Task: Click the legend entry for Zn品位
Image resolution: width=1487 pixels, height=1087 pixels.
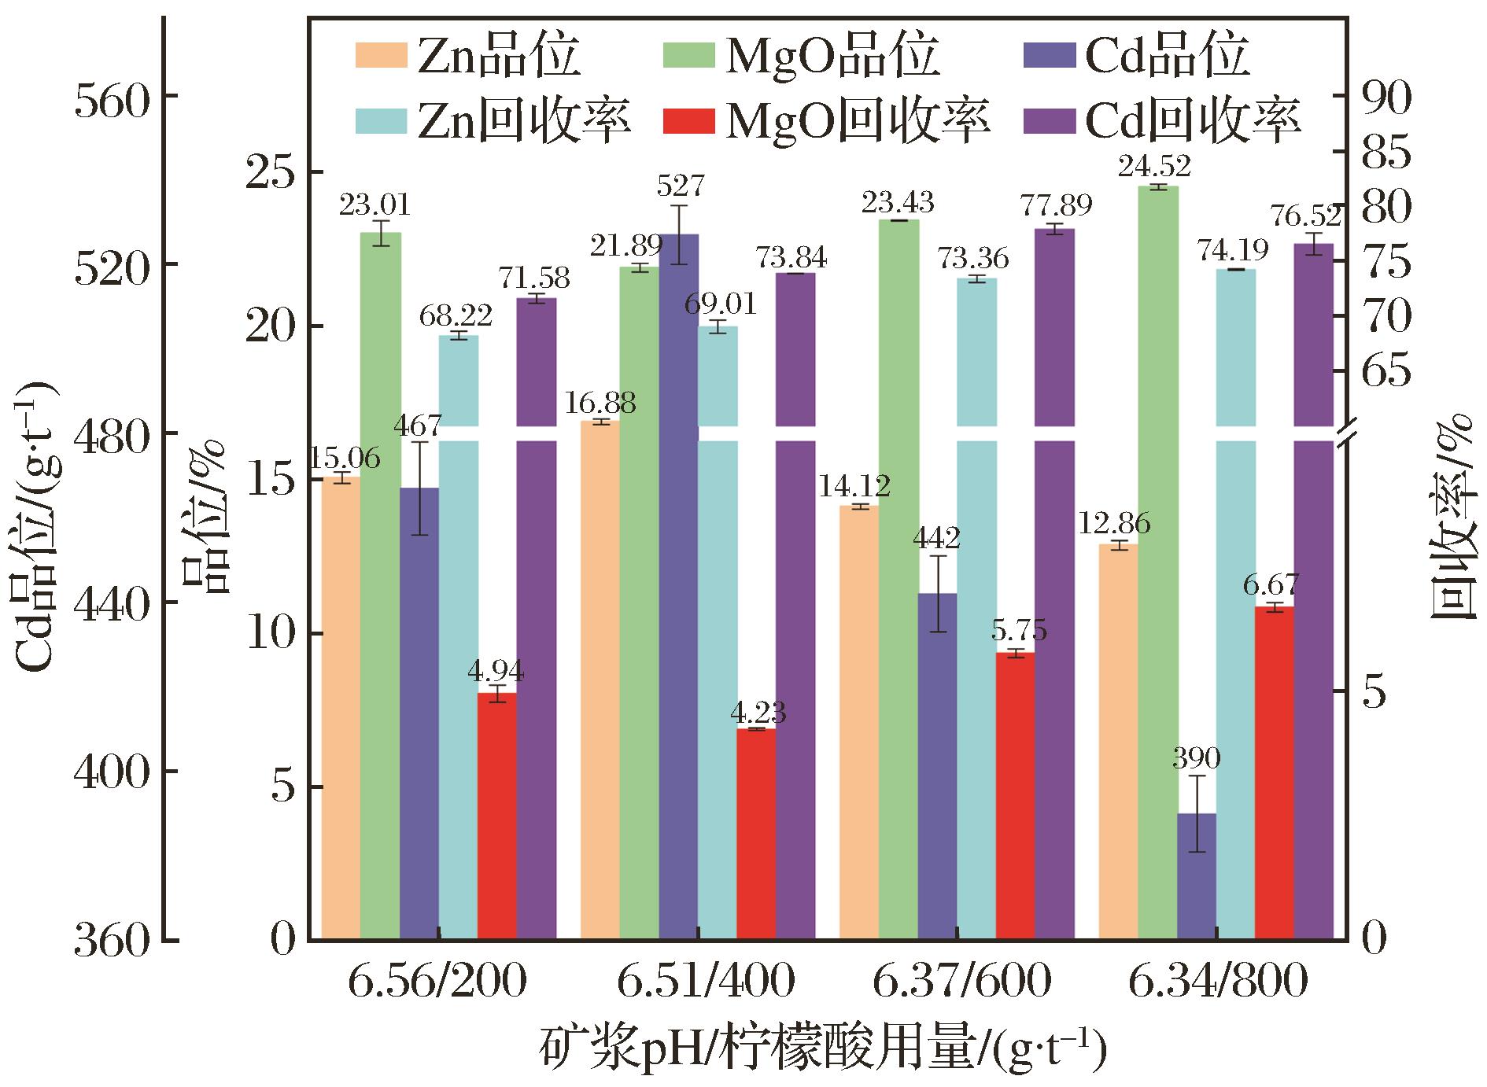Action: click(x=467, y=56)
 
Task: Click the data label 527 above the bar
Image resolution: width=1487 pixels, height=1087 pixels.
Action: click(x=681, y=186)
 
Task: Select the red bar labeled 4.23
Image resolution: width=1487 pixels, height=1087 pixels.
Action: click(x=757, y=834)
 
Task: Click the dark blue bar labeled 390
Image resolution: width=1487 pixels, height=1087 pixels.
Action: click(x=1197, y=876)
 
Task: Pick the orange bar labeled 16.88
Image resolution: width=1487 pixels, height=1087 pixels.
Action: click(x=600, y=680)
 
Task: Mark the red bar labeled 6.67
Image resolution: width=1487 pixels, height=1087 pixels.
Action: click(x=1275, y=773)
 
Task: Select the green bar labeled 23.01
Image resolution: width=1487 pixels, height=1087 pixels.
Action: click(x=381, y=586)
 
